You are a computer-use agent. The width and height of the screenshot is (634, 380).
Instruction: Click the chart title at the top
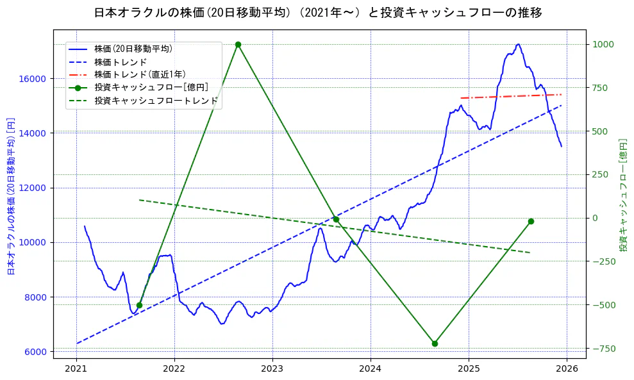(x=317, y=13)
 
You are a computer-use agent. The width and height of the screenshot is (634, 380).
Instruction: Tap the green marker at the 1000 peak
(x=238, y=44)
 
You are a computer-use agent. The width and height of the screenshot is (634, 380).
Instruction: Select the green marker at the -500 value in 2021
(x=140, y=305)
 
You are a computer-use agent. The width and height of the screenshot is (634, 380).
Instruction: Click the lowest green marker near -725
(x=435, y=343)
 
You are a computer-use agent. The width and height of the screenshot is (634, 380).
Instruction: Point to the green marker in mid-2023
(x=336, y=219)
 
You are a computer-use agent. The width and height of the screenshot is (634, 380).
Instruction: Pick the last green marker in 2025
(x=531, y=221)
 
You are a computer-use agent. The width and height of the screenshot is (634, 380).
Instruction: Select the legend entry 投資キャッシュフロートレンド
(x=156, y=101)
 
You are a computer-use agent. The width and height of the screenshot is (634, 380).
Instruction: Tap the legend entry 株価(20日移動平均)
(x=133, y=48)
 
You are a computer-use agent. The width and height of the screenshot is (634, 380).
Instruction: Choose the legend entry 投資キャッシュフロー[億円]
(x=151, y=87)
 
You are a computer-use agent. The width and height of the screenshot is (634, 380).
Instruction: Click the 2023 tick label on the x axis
(x=272, y=368)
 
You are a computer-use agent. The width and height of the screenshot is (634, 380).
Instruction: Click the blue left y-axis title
(x=10, y=197)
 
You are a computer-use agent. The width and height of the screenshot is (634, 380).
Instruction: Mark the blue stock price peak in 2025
(x=517, y=44)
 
